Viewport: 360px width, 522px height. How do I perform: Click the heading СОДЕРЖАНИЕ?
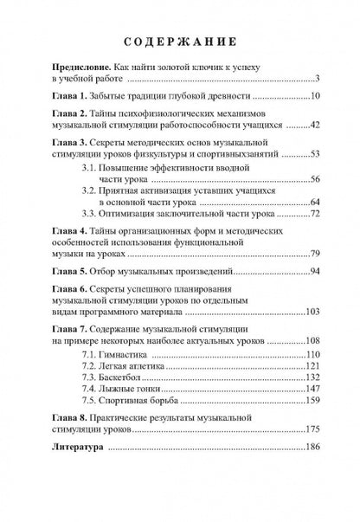(x=180, y=42)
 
